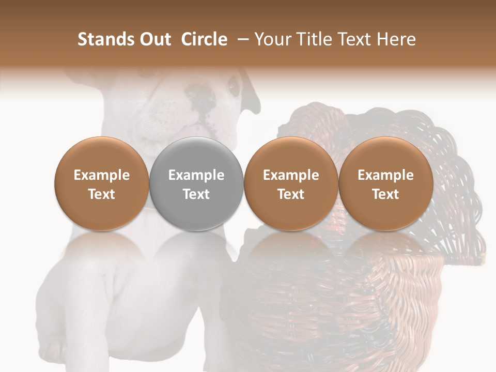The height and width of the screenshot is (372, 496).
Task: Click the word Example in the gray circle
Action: (196, 175)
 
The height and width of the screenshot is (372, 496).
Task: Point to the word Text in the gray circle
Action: (196, 194)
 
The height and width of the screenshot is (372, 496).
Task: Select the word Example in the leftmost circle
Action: (101, 175)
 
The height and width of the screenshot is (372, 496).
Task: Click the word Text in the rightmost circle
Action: (385, 194)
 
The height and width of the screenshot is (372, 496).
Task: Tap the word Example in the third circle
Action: (291, 175)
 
